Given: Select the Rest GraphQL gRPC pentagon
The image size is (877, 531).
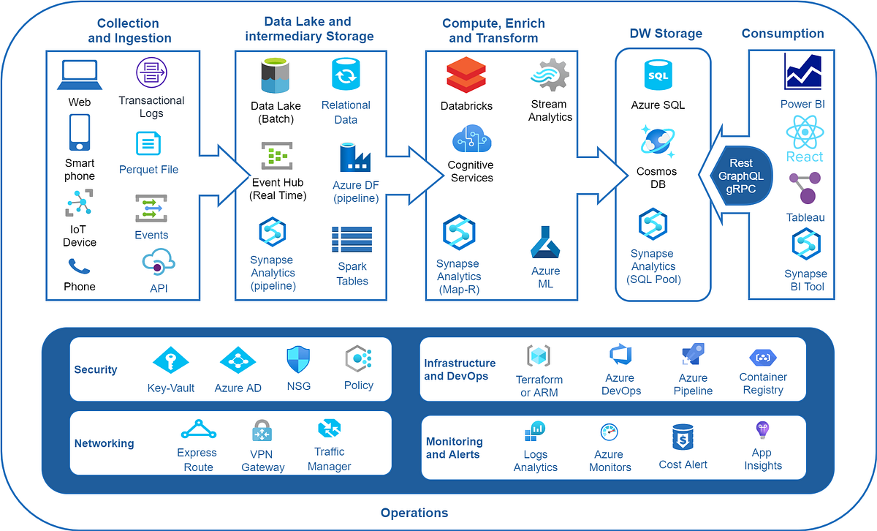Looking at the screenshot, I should pos(741,176).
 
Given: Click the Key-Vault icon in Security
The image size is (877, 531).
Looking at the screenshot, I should pos(170,360).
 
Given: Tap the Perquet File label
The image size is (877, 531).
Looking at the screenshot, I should pos(148,170).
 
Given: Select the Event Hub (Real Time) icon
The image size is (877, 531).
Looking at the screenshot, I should pos(277,156).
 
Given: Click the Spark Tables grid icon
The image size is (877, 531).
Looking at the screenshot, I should pos(352,239).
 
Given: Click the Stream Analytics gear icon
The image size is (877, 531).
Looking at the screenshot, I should pos(549,76).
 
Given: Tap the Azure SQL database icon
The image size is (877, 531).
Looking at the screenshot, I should pos(658,75).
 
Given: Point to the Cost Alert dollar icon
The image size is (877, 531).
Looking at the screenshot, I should pos(683,437).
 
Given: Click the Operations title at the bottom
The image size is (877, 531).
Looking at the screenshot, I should pos(414,513).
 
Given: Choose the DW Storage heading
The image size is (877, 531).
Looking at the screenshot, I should pos(666,34).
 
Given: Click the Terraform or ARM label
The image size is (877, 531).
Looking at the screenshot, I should pos(539,386).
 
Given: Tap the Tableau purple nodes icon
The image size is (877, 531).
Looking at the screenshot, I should pos(805,187).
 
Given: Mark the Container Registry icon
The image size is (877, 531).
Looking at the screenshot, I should pos(762,358).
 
